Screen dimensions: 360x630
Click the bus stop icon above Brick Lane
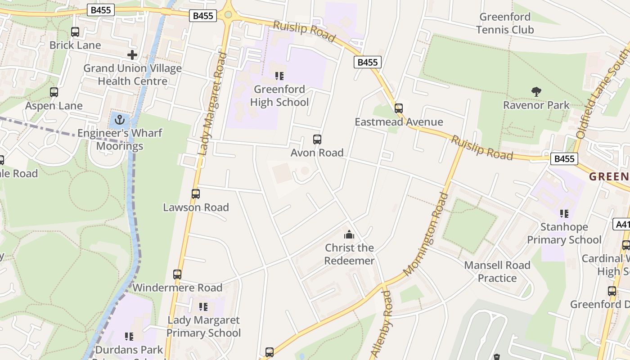[x=75, y=32]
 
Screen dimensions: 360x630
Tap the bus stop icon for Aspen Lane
[x=54, y=92]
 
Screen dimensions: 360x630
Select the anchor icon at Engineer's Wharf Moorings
[x=119, y=120]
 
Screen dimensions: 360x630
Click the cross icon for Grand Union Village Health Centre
[x=132, y=55]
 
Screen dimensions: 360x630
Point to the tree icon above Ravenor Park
[x=536, y=92]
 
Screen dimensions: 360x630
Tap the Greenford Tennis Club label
[x=505, y=23]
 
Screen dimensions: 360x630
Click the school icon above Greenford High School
[x=279, y=76]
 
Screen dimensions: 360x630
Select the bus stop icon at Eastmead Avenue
[x=398, y=108]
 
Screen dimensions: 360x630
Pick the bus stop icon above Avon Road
[x=317, y=139]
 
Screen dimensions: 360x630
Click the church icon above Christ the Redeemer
[x=349, y=234]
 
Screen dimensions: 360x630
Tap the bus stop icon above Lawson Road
[x=196, y=194]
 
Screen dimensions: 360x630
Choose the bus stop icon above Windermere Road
[x=177, y=274]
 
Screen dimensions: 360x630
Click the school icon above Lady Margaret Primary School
[x=203, y=307]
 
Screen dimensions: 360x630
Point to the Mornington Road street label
[x=426, y=234]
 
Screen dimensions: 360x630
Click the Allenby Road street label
[x=381, y=324]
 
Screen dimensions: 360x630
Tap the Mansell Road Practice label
[x=497, y=272]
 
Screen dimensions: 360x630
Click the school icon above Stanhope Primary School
[x=564, y=214]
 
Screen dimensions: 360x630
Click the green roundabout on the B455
[x=228, y=15]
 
